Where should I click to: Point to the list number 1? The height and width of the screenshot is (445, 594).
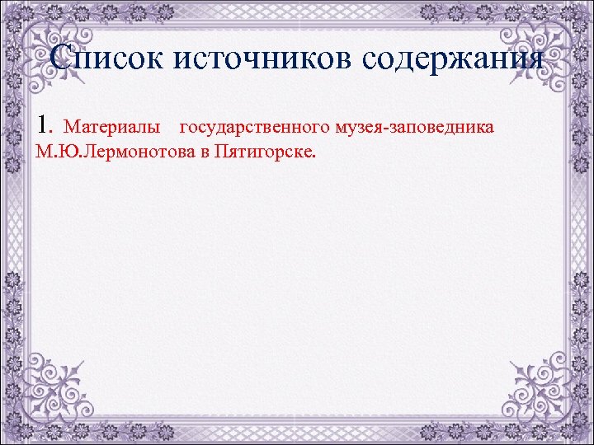[x=45, y=127]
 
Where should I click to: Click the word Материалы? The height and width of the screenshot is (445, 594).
[x=112, y=128]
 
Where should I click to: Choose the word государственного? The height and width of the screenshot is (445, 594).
[x=255, y=128]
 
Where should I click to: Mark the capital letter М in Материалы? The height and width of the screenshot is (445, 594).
[x=70, y=128]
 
